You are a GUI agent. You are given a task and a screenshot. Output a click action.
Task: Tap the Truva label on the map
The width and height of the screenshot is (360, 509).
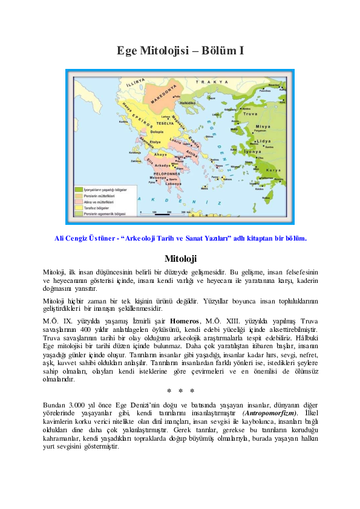coord(249,114)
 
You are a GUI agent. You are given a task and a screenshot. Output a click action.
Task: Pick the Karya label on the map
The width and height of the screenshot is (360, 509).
coord(273,170)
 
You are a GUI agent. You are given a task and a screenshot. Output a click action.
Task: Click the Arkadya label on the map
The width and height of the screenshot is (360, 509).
coord(162,164)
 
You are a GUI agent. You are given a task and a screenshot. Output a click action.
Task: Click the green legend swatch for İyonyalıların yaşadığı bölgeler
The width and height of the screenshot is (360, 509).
coord(78,190)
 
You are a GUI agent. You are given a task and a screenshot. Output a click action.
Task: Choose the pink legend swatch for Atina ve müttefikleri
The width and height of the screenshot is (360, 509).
coord(78,201)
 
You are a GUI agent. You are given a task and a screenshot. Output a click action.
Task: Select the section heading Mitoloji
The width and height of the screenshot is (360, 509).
coord(180,259)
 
